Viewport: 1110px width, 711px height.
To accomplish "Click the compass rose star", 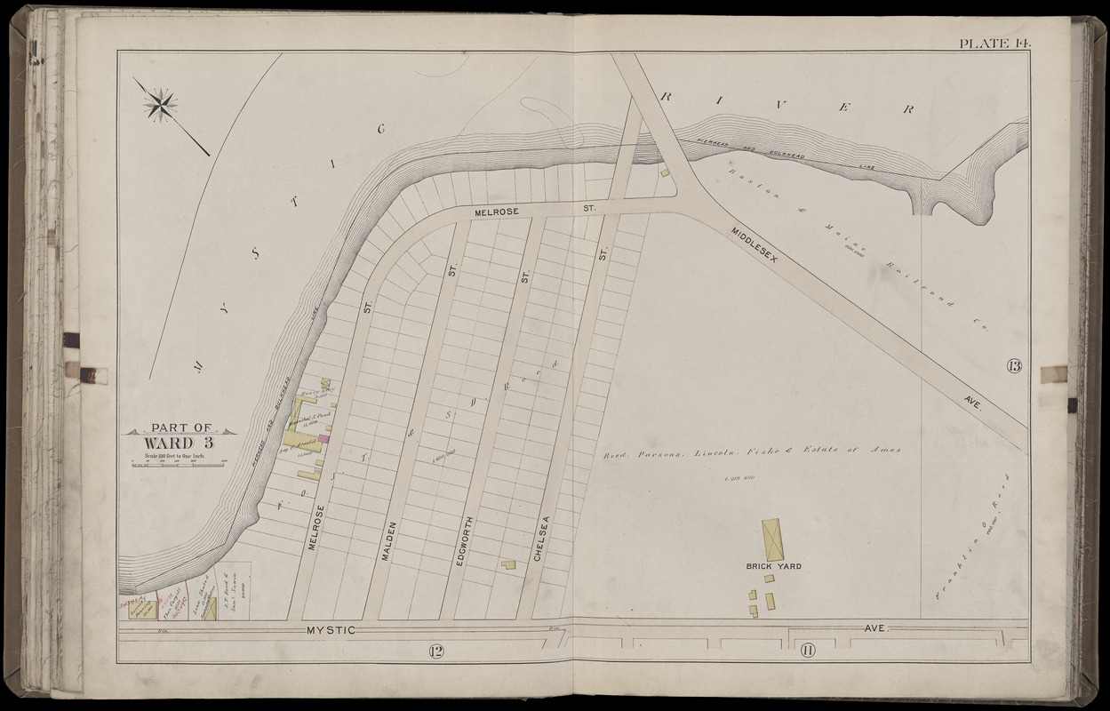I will coord(161,105).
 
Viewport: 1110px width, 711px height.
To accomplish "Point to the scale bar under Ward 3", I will coord(180,464).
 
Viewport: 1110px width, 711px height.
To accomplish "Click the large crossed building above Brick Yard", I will coord(771,539).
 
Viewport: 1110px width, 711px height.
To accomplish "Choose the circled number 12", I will coord(435,651).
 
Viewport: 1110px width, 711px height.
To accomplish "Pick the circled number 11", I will coord(809,651).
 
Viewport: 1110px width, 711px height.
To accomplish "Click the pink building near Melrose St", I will coord(324,437).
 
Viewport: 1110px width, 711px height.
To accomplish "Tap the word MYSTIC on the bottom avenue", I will coord(331,630).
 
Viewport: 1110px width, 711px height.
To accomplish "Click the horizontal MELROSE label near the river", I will coord(501,212).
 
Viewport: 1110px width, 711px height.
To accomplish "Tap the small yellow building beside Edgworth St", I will coord(508,564).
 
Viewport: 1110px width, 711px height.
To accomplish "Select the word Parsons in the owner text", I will coord(657,451).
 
